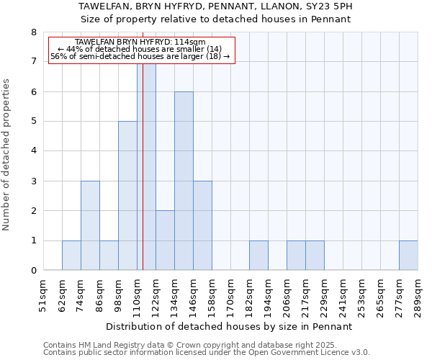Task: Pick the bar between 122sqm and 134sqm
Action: click(x=165, y=240)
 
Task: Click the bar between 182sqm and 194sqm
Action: click(x=258, y=256)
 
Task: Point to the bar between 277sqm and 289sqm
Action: click(x=408, y=256)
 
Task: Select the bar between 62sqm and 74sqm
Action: click(x=71, y=256)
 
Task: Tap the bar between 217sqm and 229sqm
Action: click(x=315, y=256)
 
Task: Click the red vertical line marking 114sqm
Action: click(x=143, y=180)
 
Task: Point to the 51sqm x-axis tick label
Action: click(x=43, y=296)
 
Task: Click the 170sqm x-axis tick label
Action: click(x=230, y=296)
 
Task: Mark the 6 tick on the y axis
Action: click(x=33, y=91)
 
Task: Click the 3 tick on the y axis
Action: click(x=33, y=181)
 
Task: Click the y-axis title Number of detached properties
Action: click(x=7, y=155)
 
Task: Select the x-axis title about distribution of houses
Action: click(x=234, y=326)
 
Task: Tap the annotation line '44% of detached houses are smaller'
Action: click(x=140, y=49)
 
